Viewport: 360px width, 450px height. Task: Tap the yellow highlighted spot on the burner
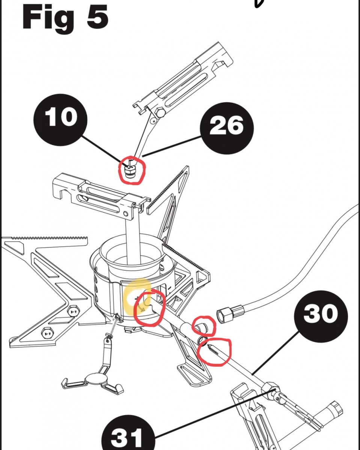[135, 296]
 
